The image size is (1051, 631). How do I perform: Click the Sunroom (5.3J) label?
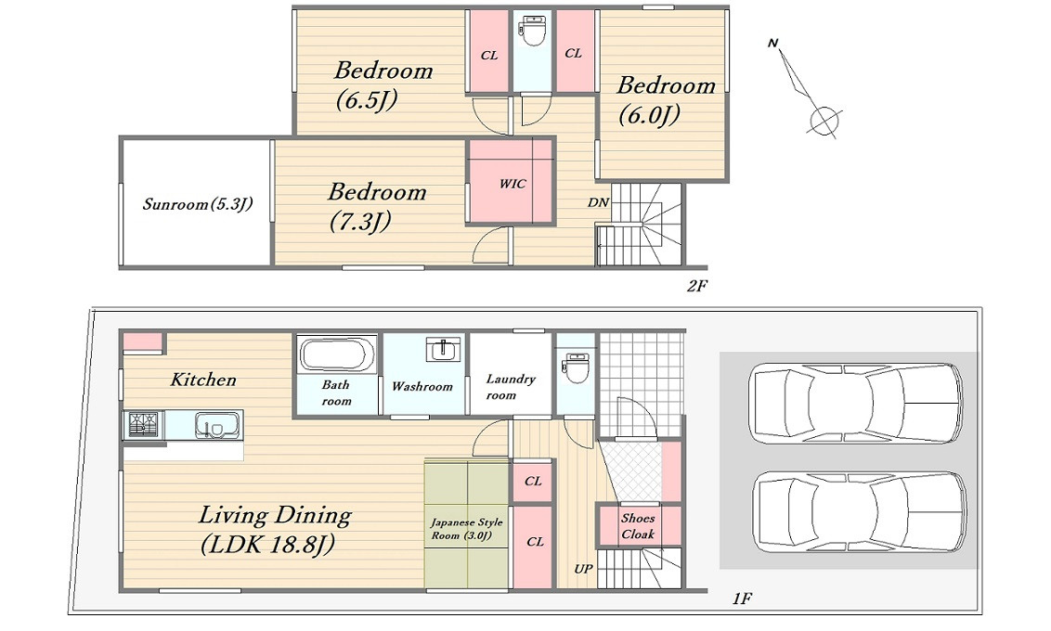point(198,203)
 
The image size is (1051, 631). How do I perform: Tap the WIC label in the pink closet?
point(513,184)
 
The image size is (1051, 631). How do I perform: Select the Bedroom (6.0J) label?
point(666,100)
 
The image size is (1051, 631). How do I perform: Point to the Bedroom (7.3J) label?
point(377,206)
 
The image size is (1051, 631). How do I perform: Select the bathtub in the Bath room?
point(337,355)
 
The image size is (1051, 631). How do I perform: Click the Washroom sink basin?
point(443,350)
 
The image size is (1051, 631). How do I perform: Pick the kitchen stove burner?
point(143,425)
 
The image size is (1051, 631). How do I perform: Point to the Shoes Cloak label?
point(638,526)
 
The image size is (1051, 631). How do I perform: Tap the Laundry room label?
point(510,387)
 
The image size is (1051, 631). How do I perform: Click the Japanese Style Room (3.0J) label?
point(466,529)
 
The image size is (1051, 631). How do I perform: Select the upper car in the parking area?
point(855,404)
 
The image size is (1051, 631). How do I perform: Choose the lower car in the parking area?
point(859,512)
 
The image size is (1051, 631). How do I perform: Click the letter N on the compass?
point(772,44)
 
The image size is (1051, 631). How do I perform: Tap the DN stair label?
point(598,202)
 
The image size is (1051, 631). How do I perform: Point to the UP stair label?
point(582,569)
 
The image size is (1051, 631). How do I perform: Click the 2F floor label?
point(696,286)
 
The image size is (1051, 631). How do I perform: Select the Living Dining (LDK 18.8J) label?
point(275,529)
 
